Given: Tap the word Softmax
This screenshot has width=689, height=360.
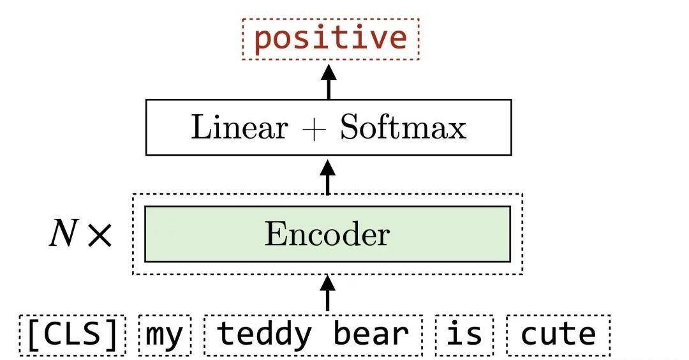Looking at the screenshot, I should point(403,128).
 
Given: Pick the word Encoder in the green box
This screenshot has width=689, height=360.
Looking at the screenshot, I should point(327,234).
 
